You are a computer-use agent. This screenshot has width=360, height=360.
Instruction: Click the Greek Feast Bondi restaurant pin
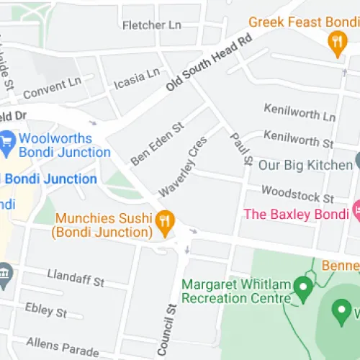(x=336, y=45)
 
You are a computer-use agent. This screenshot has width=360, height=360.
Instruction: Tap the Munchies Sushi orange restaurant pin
(x=166, y=224)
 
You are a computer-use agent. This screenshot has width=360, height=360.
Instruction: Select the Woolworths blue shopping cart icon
(x=8, y=141)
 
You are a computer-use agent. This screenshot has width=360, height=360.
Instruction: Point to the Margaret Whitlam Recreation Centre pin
(x=303, y=290)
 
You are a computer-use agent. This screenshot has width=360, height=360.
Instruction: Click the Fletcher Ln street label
(x=152, y=25)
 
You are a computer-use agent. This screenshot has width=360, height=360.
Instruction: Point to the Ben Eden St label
(x=158, y=142)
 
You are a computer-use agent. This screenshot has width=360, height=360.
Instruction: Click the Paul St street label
(x=238, y=147)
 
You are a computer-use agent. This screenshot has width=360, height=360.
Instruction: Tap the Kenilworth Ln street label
(x=300, y=112)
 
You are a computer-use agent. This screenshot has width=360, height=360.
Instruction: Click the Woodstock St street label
(x=297, y=193)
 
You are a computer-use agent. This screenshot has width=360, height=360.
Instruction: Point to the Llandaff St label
(x=76, y=276)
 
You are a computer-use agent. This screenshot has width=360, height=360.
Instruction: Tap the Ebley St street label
(x=46, y=310)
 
